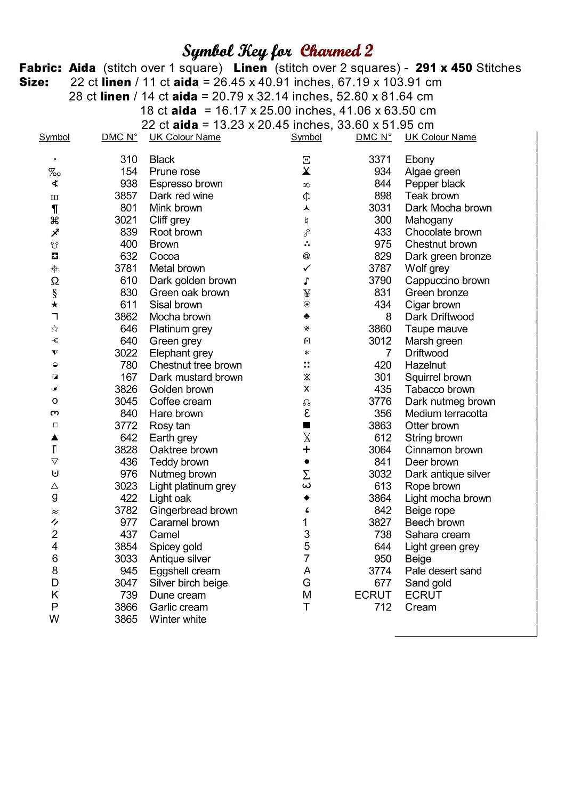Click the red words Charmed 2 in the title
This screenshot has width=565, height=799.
(x=336, y=51)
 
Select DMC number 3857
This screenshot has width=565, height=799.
(x=126, y=196)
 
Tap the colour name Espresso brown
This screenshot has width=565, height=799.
(x=186, y=184)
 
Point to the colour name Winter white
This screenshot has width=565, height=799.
(x=178, y=619)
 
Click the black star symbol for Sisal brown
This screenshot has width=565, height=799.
(x=54, y=305)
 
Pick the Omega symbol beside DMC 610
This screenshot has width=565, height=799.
(x=54, y=281)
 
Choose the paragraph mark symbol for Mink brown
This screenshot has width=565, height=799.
(x=54, y=208)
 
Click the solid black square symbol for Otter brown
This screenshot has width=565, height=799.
(x=306, y=426)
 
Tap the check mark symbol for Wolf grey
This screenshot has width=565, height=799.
(x=306, y=268)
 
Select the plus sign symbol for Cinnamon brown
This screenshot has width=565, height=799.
(x=306, y=450)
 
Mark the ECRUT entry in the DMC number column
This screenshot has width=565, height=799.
(x=373, y=595)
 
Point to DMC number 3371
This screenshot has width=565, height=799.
(x=380, y=160)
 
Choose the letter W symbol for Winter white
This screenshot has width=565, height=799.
(x=54, y=619)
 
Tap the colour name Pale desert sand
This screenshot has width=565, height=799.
(x=443, y=571)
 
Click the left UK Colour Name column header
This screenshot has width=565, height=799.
(x=185, y=137)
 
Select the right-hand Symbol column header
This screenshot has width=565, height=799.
(x=306, y=137)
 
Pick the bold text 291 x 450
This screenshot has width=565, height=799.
(x=443, y=68)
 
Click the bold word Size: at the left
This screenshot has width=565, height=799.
(x=34, y=83)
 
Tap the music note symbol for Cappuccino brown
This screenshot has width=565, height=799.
(x=306, y=281)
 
